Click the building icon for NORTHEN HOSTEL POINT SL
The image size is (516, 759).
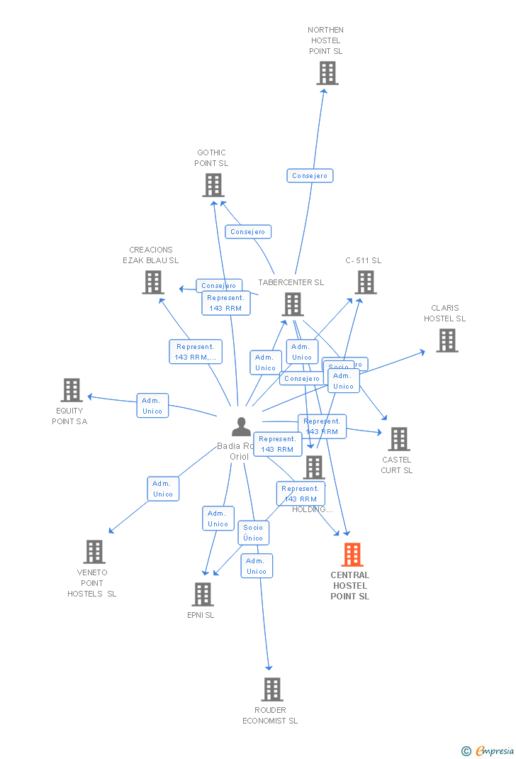[327, 73]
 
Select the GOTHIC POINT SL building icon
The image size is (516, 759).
[213, 185]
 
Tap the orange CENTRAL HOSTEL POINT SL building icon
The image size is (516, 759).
[352, 555]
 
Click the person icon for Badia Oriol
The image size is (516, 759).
[241, 426]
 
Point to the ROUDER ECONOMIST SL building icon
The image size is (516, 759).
[271, 689]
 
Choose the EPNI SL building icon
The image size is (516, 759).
[203, 594]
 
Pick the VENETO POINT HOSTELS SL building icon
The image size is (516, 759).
[94, 552]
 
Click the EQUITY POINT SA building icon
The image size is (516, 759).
[71, 390]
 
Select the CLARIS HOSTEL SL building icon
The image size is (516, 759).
[447, 340]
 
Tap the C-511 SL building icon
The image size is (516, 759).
[365, 282]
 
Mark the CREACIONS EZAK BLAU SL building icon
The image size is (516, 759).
[152, 282]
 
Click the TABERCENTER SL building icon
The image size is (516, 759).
[292, 304]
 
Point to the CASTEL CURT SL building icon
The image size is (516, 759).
[398, 439]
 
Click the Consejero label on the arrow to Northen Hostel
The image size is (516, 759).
[310, 175]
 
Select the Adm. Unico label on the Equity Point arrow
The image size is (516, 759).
[152, 405]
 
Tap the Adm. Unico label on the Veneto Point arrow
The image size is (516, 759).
[163, 489]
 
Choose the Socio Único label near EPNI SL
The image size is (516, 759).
[253, 532]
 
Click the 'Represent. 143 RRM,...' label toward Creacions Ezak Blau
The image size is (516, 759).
[196, 352]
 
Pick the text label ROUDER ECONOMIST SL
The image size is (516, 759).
[270, 715]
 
